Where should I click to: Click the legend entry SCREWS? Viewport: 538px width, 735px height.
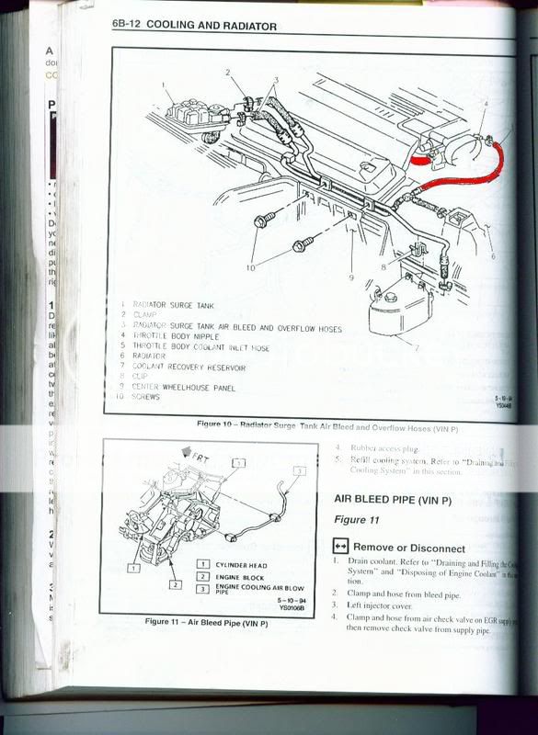click(147, 397)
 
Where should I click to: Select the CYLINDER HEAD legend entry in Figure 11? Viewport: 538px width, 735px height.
click(241, 564)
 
